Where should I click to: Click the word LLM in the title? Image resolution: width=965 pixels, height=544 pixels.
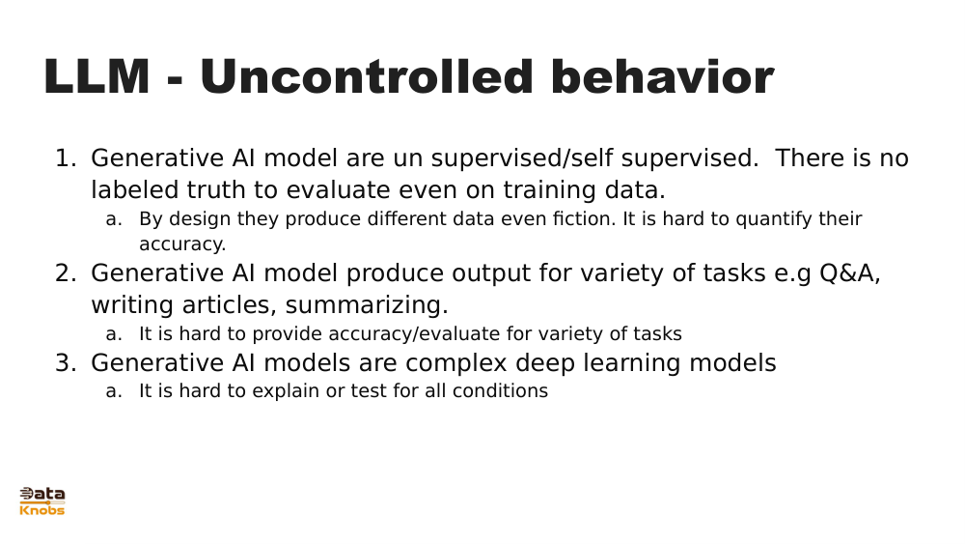pyautogui.click(x=96, y=76)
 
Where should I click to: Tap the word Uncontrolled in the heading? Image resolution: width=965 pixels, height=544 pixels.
pyautogui.click(x=366, y=76)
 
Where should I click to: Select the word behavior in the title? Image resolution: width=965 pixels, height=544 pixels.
pyautogui.click(x=662, y=76)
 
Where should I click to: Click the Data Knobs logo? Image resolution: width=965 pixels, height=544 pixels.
pyautogui.click(x=41, y=501)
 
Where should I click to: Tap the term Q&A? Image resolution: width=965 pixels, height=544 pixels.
pyautogui.click(x=849, y=272)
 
